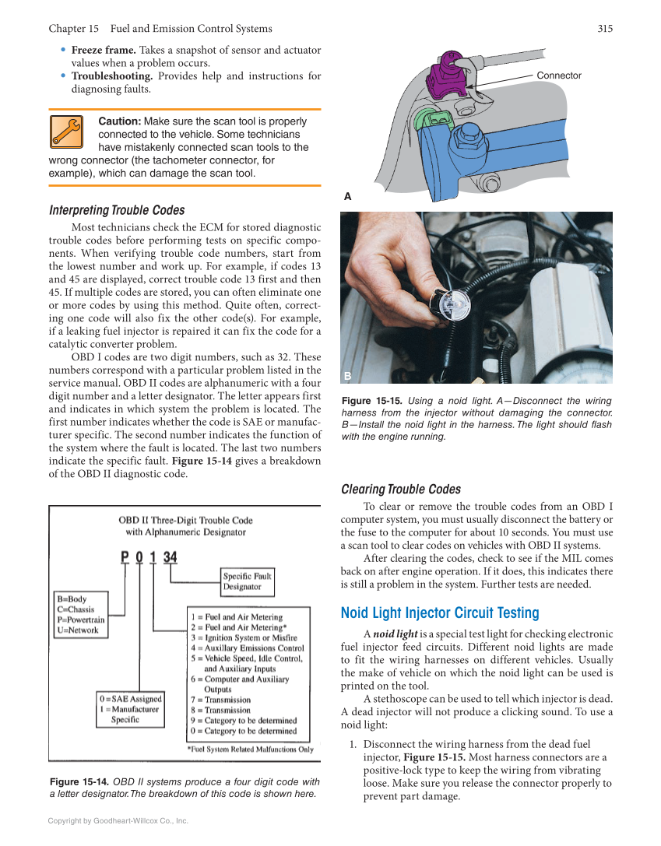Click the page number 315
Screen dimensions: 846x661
(x=605, y=29)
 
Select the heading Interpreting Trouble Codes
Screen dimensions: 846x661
(x=117, y=210)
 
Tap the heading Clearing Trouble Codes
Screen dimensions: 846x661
(x=401, y=489)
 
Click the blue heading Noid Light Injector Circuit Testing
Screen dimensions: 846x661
(x=440, y=613)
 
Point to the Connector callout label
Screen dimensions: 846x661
(x=558, y=75)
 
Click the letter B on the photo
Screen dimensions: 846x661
(x=348, y=376)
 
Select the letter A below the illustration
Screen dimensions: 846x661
(x=348, y=198)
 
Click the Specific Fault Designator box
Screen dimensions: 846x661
(x=248, y=581)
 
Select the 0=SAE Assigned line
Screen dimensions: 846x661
(x=130, y=698)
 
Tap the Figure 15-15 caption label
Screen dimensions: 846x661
(x=371, y=401)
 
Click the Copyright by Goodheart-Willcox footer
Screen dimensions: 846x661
(x=118, y=820)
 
